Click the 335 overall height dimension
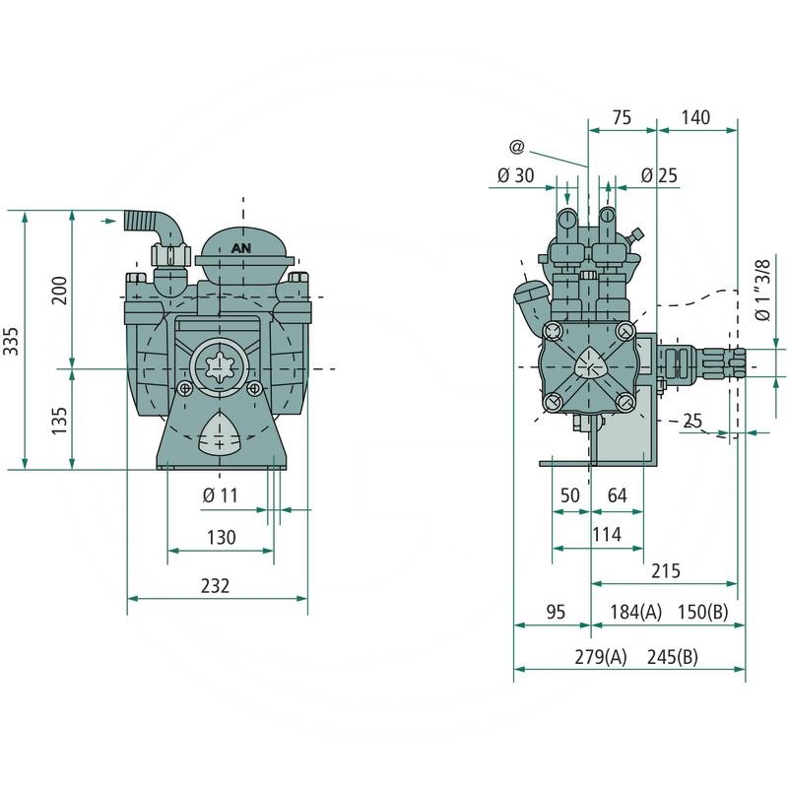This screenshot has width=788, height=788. (11, 341)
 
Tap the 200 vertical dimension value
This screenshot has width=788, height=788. (60, 290)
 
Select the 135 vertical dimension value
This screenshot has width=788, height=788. (60, 421)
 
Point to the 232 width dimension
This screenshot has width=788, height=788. (215, 585)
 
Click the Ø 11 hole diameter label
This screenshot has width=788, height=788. (220, 495)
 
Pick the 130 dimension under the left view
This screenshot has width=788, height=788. (221, 537)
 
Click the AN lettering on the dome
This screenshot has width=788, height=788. (241, 248)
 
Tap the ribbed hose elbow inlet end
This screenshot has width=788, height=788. (130, 220)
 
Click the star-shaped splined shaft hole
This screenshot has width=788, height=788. (220, 367)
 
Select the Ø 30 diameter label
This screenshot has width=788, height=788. (515, 175)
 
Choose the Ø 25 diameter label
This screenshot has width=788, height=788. (659, 175)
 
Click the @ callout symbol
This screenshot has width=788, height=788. (516, 147)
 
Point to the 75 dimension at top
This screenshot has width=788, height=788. (622, 117)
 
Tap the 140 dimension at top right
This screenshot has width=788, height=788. (695, 117)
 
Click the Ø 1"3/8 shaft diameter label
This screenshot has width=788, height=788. (762, 290)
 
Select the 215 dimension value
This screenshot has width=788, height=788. (666, 571)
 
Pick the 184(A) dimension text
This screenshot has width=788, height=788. (635, 612)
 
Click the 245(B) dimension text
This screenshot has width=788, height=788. (673, 657)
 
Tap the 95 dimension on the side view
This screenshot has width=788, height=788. (556, 612)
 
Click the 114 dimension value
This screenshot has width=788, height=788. (607, 534)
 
